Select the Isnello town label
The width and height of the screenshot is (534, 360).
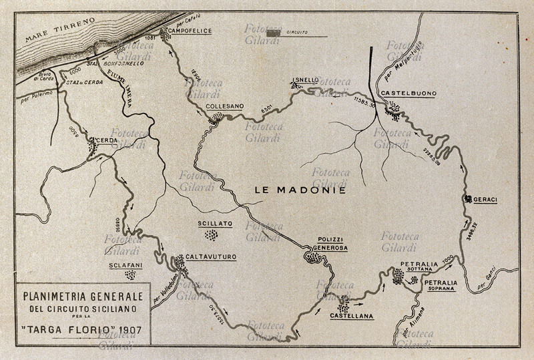(305, 80)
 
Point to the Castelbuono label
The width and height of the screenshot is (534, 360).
(407, 94)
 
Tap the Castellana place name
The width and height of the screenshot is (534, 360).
(351, 315)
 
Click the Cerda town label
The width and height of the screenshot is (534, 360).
(107, 140)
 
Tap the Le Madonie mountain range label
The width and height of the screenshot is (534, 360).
(300, 190)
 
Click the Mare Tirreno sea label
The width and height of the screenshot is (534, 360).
(60, 31)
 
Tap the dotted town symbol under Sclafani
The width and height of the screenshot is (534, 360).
(130, 275)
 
